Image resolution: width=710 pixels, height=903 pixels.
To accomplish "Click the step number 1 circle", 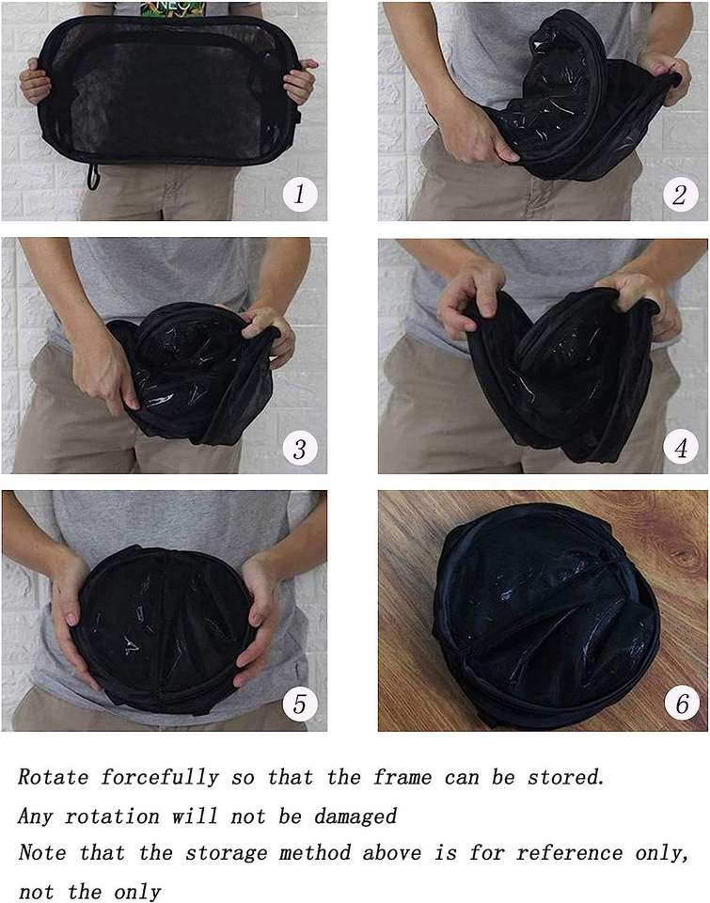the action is pos(299,194).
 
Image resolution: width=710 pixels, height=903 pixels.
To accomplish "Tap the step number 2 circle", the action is pos(680,194).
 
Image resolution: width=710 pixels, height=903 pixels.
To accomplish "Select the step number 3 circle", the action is pos(300,448).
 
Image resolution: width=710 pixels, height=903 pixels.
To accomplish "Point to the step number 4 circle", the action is pos(681,448).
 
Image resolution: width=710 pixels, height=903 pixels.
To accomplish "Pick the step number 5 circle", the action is pos(300,704).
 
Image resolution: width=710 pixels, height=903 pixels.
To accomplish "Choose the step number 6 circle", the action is pos(683,704).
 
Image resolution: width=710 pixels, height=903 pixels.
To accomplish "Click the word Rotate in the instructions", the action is pos(53,777).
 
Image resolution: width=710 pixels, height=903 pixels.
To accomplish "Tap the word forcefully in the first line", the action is pos(160,778).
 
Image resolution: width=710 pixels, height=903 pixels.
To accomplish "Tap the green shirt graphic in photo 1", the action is pos(173,9).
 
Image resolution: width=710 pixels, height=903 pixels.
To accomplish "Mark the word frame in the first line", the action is pos(402,777).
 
